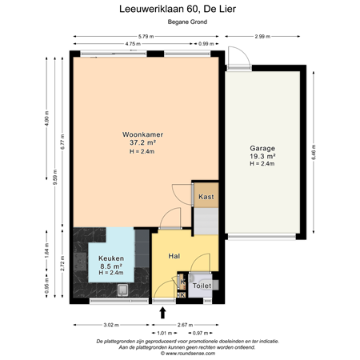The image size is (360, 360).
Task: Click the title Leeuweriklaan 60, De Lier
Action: click(x=180, y=9)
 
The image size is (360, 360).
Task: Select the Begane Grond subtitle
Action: click(x=180, y=22)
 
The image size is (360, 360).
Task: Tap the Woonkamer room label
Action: click(x=138, y=134)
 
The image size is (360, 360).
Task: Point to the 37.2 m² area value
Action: click(x=138, y=142)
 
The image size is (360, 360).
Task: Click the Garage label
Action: click(x=262, y=148)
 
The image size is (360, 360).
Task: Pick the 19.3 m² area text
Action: click(x=262, y=156)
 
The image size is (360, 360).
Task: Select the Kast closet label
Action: click(x=206, y=196)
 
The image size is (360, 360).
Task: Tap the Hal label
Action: click(x=174, y=256)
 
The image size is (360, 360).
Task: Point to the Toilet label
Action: click(x=202, y=286)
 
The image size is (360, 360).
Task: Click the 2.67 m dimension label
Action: click(x=184, y=325)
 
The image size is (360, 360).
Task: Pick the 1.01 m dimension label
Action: click(x=163, y=332)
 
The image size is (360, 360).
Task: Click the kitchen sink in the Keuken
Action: click(x=82, y=258)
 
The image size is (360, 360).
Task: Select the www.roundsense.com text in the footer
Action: click(x=180, y=351)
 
